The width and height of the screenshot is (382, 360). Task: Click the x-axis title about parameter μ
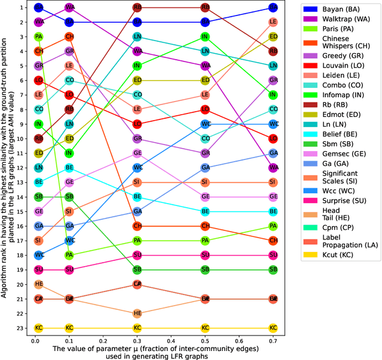155,351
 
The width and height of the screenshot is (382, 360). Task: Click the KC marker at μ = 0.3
137,328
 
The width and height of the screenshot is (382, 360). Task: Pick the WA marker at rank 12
273,168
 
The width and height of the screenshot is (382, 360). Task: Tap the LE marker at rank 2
273,22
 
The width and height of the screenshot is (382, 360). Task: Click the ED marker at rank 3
273,36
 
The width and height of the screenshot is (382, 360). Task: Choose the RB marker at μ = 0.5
205,8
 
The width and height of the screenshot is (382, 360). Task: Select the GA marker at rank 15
137,211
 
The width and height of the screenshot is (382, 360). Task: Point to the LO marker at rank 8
205,109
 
